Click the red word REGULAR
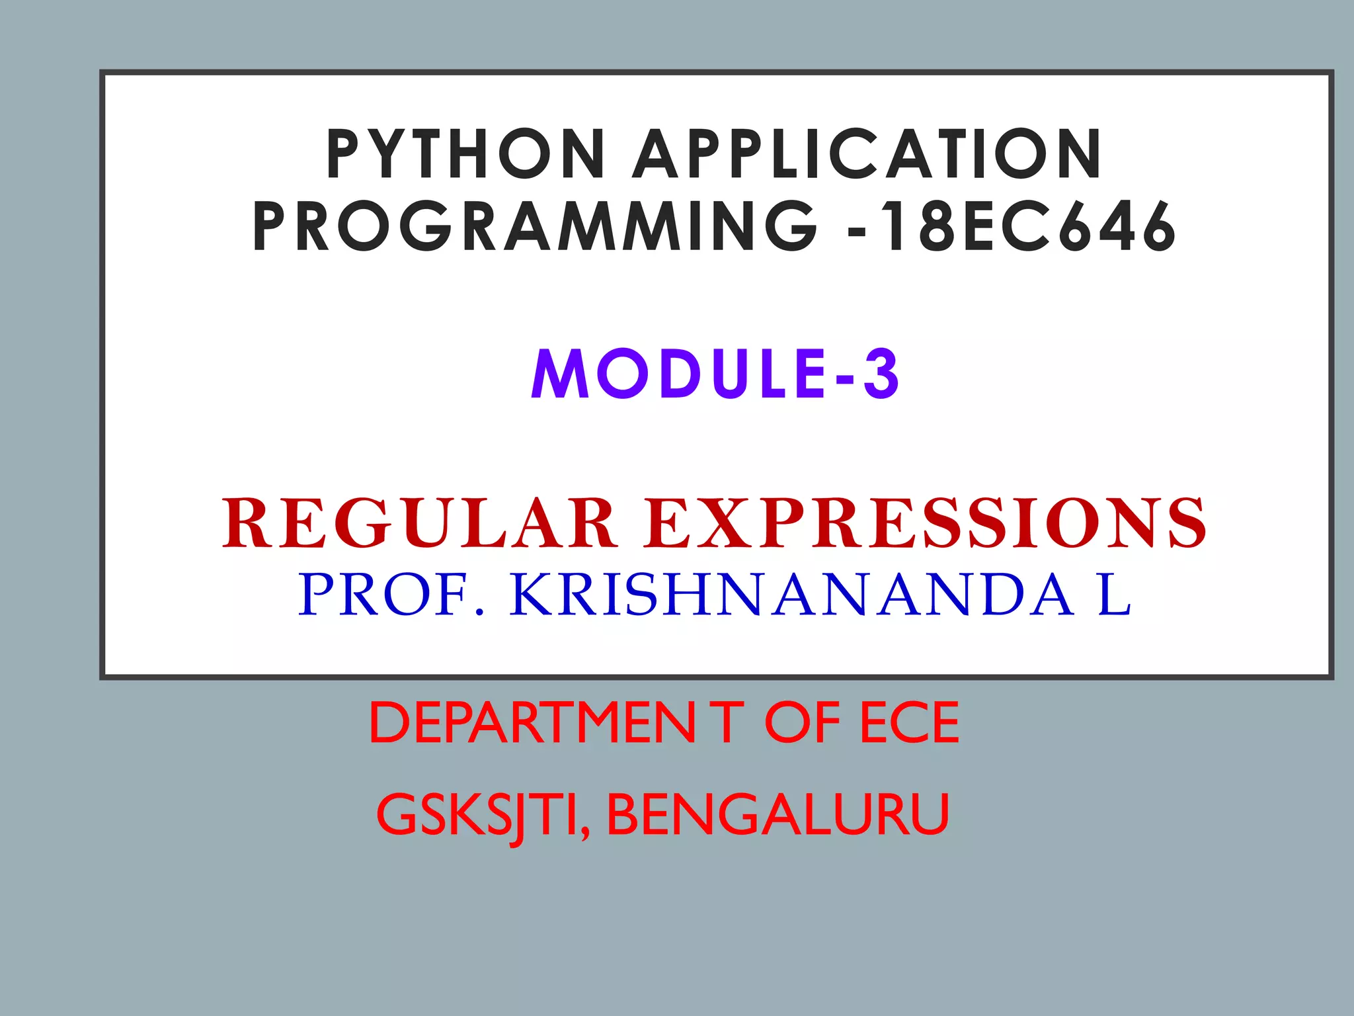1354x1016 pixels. tap(419, 524)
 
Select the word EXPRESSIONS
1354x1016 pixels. tap(926, 524)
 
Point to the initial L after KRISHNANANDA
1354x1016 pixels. tap(1115, 595)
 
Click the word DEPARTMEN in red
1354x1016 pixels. tap(532, 723)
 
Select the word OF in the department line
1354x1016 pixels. tap(802, 723)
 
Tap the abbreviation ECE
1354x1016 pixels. tap(909, 723)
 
